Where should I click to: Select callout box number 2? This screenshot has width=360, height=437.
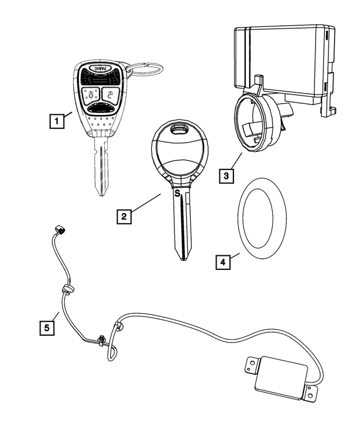tap(124, 215)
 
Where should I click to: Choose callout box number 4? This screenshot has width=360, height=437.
tap(223, 262)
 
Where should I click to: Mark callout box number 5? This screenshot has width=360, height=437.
tap(47, 326)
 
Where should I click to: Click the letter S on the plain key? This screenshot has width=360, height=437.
tap(177, 193)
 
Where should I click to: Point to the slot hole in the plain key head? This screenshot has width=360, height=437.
tap(180, 130)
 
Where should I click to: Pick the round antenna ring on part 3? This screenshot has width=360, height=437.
tap(251, 123)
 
